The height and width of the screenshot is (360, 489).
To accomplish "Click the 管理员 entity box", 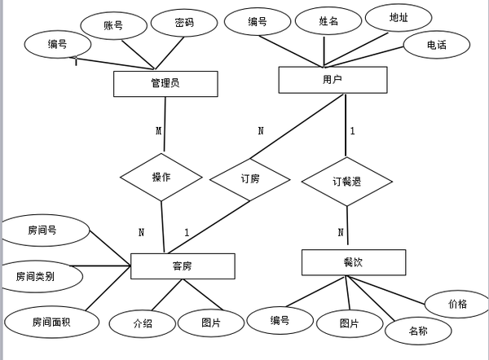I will tap(165, 84).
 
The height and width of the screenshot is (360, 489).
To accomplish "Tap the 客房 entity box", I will tap(183, 266).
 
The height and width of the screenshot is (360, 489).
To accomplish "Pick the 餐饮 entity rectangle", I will tap(353, 262).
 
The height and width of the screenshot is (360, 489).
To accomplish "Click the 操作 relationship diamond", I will tap(161, 177).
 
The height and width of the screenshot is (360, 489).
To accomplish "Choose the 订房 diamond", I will tap(249, 178).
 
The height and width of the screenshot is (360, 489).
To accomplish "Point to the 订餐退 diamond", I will tap(347, 181).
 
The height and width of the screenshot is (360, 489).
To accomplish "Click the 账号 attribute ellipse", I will tap(113, 26).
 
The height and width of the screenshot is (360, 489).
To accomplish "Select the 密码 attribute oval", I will tap(184, 23).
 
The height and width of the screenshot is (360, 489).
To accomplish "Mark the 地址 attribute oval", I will tap(399, 17).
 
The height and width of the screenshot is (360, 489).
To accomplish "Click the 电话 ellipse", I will tap(437, 45).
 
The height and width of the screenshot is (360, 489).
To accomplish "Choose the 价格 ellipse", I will tap(457, 304).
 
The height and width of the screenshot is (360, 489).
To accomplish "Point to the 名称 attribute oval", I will tap(418, 331).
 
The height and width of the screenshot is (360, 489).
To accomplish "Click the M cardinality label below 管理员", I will tap(159, 130).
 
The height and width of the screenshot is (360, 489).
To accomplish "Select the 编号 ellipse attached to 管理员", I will tap(57, 44).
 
